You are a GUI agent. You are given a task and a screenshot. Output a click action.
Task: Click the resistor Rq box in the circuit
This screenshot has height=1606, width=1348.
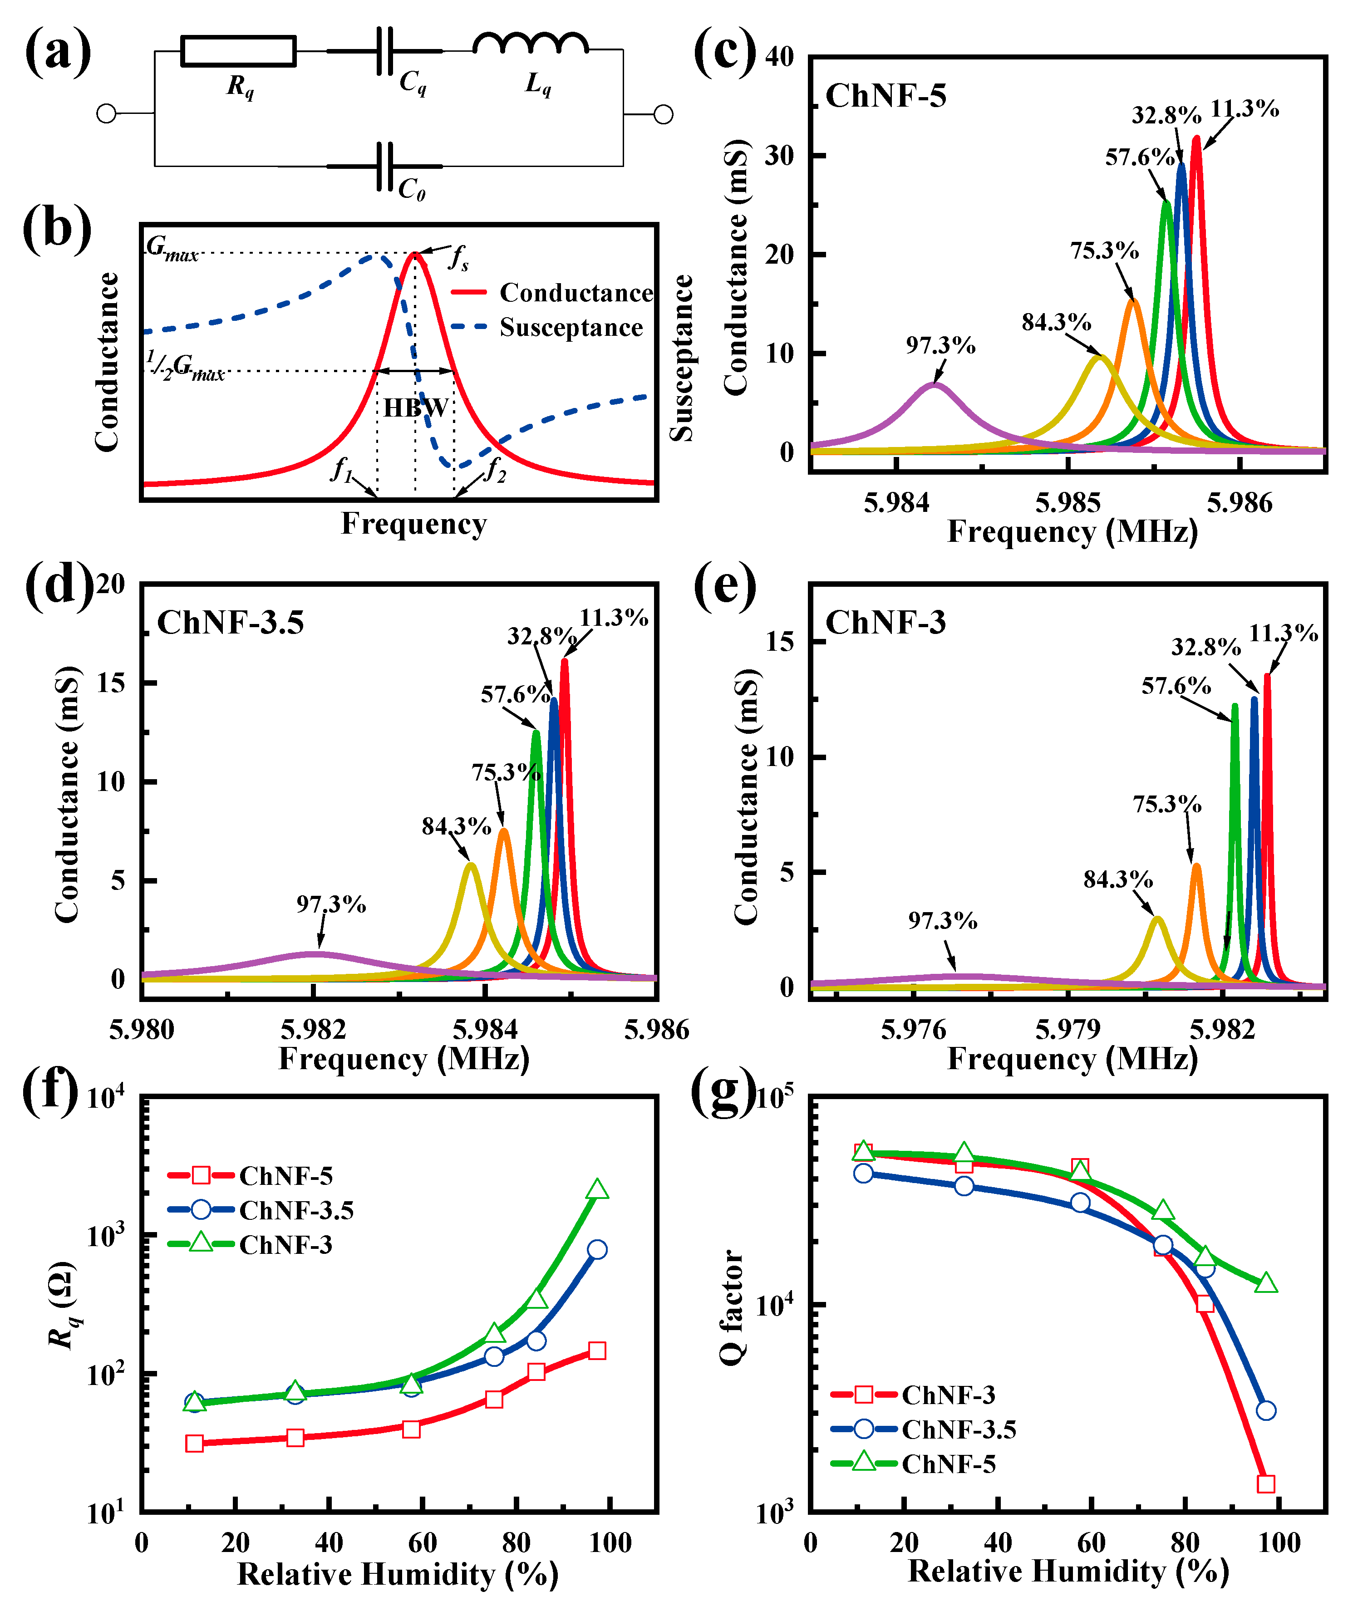[238, 51]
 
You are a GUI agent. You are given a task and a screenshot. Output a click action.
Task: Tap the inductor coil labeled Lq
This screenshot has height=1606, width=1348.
[530, 44]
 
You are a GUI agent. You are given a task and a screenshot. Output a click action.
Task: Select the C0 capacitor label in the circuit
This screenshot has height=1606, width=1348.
[412, 188]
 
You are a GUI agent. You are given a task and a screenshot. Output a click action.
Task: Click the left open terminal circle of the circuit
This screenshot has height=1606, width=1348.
[106, 114]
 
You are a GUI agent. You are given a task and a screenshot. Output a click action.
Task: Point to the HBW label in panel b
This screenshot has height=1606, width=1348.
[415, 408]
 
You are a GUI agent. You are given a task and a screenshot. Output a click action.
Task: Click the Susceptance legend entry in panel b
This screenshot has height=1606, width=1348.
[571, 327]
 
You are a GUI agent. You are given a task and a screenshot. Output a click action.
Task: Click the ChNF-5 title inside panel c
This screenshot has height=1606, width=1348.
[886, 96]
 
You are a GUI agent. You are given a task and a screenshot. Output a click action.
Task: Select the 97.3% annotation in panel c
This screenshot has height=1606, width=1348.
[940, 346]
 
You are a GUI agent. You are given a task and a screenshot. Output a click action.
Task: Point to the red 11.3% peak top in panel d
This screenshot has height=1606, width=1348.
[565, 660]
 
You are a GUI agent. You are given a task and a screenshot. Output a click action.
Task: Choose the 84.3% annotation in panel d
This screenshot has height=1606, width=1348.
[456, 826]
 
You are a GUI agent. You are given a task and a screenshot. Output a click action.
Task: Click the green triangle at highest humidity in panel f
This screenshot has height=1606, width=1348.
[597, 1190]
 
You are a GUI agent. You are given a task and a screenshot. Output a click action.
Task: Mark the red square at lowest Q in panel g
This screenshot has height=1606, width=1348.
[1266, 1483]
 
